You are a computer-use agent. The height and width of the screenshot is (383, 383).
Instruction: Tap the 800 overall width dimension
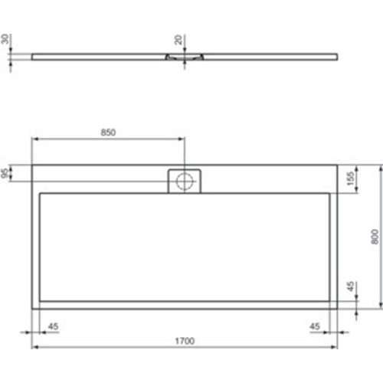[373, 237]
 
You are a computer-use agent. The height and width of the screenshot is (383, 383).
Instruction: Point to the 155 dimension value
[350, 178]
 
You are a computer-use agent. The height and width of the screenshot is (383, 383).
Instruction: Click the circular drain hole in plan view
[184, 181]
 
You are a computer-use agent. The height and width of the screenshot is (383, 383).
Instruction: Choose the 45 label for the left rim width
[52, 326]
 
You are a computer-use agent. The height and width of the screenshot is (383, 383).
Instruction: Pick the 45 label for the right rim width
[315, 326]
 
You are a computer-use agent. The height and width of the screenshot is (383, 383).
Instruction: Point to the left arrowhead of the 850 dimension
[34, 139]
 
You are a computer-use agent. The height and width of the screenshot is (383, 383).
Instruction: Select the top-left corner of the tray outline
[31, 165]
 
